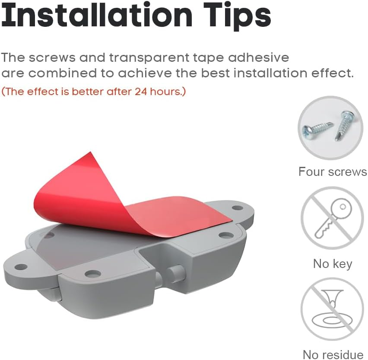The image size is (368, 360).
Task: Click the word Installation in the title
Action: (x=97, y=15)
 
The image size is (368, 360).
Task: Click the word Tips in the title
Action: (x=237, y=16)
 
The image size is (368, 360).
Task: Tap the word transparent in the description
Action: (x=149, y=58)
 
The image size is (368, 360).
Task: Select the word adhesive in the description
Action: (x=259, y=57)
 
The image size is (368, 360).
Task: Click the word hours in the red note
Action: (x=166, y=91)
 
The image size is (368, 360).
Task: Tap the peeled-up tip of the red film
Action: (x=90, y=153)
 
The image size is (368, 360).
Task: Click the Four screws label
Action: (x=333, y=172)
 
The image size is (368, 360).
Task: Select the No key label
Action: (x=333, y=264)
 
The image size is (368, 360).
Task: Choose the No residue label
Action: (x=333, y=355)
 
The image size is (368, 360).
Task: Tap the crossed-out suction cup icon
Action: (x=332, y=310)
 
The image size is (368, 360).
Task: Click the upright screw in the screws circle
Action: (x=344, y=126)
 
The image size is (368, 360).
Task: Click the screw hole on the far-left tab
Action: (x=21, y=267)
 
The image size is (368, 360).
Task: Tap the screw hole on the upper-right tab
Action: (x=238, y=208)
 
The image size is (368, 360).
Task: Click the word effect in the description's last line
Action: (x=332, y=73)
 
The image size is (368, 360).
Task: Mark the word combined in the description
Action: (x=62, y=73)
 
